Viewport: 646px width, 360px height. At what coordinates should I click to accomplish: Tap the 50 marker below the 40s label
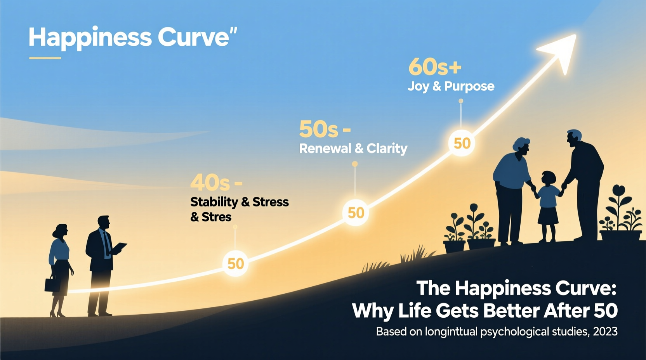[x=235, y=264]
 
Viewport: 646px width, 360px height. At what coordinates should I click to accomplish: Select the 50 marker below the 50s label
[x=356, y=213]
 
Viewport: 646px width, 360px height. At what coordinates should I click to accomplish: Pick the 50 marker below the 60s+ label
[x=462, y=143]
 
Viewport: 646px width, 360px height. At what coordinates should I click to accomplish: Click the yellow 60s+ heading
[x=435, y=67]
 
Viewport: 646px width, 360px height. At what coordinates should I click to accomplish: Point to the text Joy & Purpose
[x=451, y=86]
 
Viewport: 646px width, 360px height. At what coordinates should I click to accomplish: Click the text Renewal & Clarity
[x=353, y=149]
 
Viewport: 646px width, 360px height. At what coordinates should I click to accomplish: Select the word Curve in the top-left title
[x=193, y=38]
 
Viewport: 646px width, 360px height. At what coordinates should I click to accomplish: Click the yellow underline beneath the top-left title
[x=45, y=58]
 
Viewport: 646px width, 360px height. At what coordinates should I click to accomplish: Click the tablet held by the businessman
[x=119, y=247]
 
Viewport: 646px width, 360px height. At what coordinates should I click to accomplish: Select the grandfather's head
[x=575, y=138]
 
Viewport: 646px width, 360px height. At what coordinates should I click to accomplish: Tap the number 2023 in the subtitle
[x=605, y=332]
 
